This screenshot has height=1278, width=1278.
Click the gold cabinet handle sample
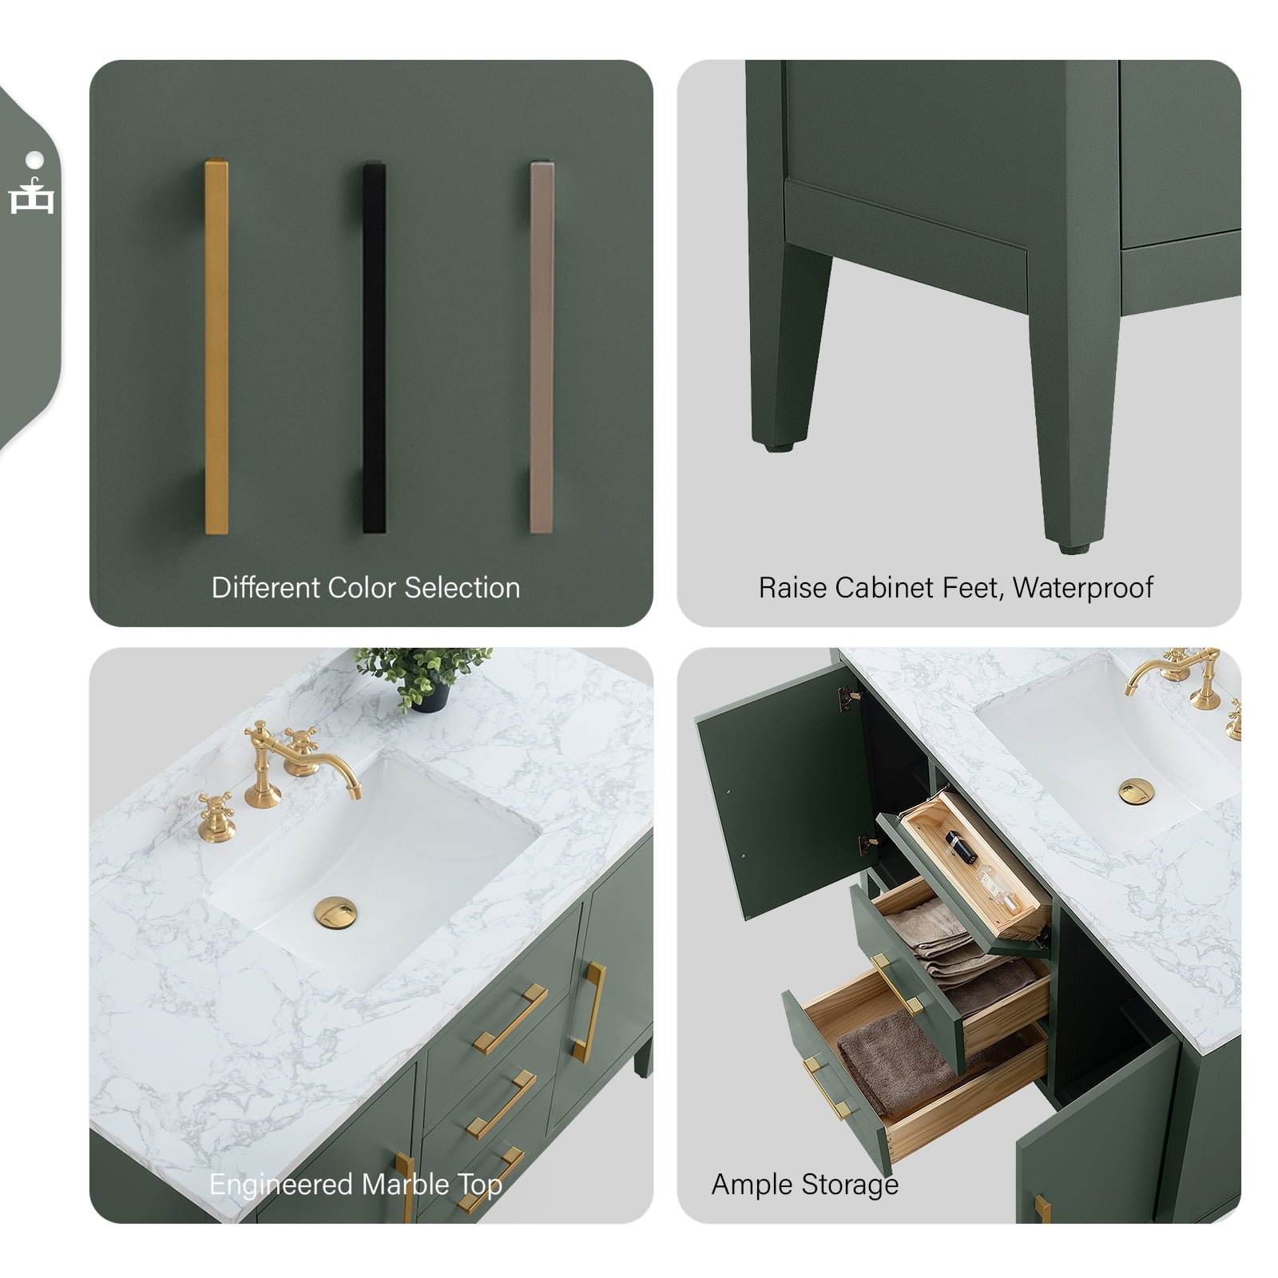(x=216, y=347)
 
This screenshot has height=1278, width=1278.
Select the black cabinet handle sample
(x=374, y=347)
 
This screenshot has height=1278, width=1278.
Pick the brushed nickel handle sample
(x=542, y=347)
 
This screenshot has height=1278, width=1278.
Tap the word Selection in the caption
(x=462, y=588)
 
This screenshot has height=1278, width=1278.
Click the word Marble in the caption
(x=404, y=1184)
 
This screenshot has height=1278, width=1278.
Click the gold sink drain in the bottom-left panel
(x=337, y=911)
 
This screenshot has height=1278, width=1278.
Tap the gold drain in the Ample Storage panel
(x=1131, y=792)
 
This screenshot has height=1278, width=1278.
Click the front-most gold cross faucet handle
(x=216, y=815)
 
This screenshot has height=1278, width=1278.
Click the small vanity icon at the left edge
(x=32, y=196)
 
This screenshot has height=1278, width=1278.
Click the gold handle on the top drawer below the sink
(x=509, y=1019)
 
